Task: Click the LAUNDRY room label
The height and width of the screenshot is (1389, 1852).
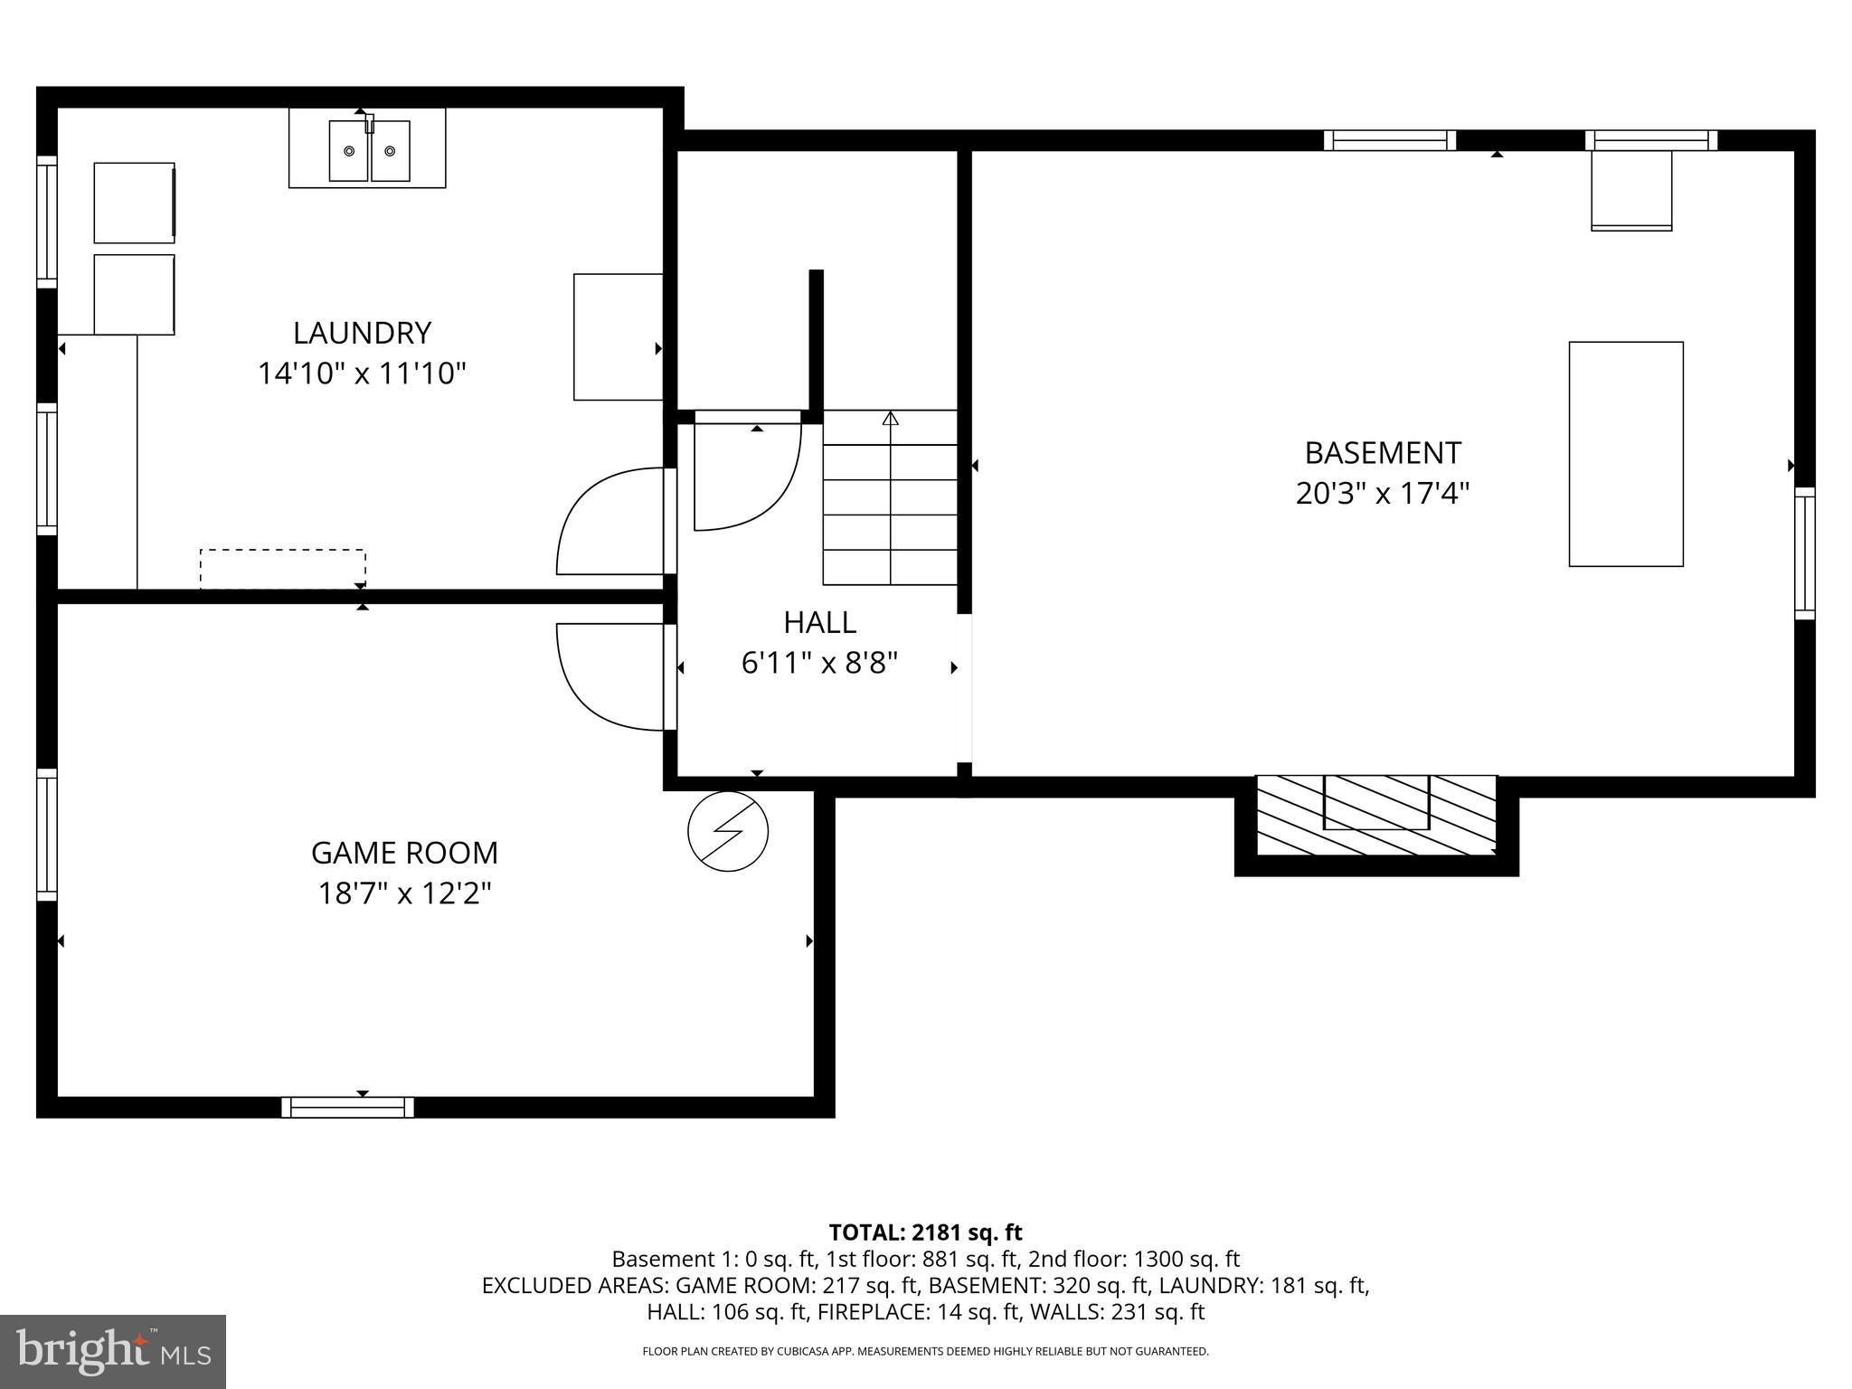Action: [x=362, y=333]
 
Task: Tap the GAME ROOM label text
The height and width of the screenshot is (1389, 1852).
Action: [x=404, y=853]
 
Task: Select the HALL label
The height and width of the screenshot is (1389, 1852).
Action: [x=819, y=622]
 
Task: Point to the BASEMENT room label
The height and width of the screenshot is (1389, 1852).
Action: [x=1383, y=452]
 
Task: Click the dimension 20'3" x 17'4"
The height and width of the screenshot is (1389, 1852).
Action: [x=1383, y=494]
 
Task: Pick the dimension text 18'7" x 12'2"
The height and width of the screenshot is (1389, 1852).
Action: [x=404, y=893]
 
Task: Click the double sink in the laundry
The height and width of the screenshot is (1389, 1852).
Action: [x=368, y=150]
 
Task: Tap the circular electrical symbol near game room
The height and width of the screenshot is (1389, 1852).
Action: [x=728, y=832]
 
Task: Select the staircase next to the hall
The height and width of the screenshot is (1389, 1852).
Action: [x=890, y=497]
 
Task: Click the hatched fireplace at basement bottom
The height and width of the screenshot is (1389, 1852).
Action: [x=1376, y=814]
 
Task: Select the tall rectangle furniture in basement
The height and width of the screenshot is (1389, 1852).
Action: [x=1626, y=454]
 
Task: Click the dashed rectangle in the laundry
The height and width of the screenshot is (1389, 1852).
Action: [x=282, y=569]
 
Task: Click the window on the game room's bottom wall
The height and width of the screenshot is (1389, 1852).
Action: [x=347, y=1107]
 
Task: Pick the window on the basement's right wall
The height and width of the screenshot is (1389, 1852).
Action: [x=1804, y=553]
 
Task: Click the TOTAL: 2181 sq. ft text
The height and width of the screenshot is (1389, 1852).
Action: [x=925, y=1232]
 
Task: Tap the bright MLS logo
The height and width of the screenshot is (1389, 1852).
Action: [x=113, y=1351]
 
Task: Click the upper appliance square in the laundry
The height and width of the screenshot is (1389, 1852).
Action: [x=134, y=203]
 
